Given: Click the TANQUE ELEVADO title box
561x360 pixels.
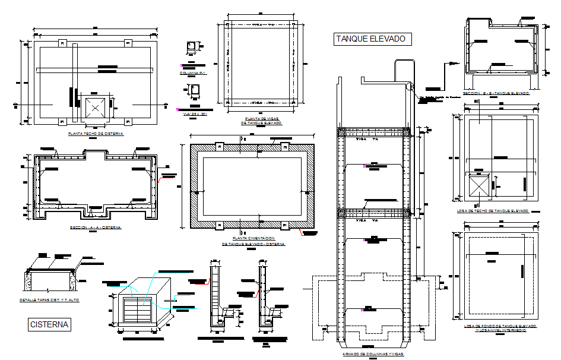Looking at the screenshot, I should click(371, 39).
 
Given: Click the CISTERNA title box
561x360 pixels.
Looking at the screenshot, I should click(50, 324).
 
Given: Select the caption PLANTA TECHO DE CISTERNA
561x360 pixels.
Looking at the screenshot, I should click(96, 134).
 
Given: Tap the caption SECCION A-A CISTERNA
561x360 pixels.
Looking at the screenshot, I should click(95, 228).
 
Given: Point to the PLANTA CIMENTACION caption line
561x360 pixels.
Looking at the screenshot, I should click(253, 238).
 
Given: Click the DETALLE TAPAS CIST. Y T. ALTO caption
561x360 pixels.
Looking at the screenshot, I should click(49, 301).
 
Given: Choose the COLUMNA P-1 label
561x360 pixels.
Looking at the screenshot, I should click(192, 73).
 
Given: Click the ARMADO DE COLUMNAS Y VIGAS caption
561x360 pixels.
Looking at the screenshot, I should click(373, 354).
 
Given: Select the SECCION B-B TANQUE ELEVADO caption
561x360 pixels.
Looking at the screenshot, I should click(496, 93).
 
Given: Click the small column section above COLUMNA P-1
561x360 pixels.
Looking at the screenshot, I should click(192, 49).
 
